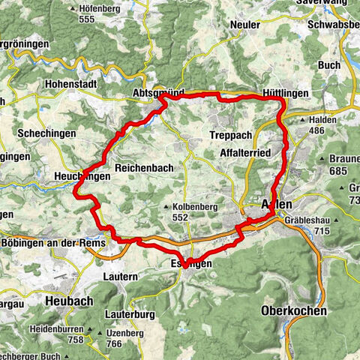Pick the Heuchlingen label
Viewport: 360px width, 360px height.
pos(82,175)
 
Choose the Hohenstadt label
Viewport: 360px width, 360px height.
pos(71,84)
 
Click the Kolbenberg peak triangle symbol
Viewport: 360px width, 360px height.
pos(166,206)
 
